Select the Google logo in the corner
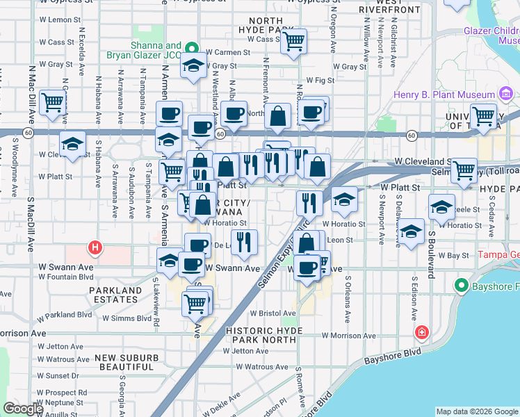pos(24,409)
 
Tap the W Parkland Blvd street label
pos(65,314)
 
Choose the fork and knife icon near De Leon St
pos(243,242)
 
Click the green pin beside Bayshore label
pos(460,286)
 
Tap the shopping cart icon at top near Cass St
pos(294,42)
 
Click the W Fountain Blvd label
pos(65,277)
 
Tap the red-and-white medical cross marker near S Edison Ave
pos(421,334)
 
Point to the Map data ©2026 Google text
pos(476,411)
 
